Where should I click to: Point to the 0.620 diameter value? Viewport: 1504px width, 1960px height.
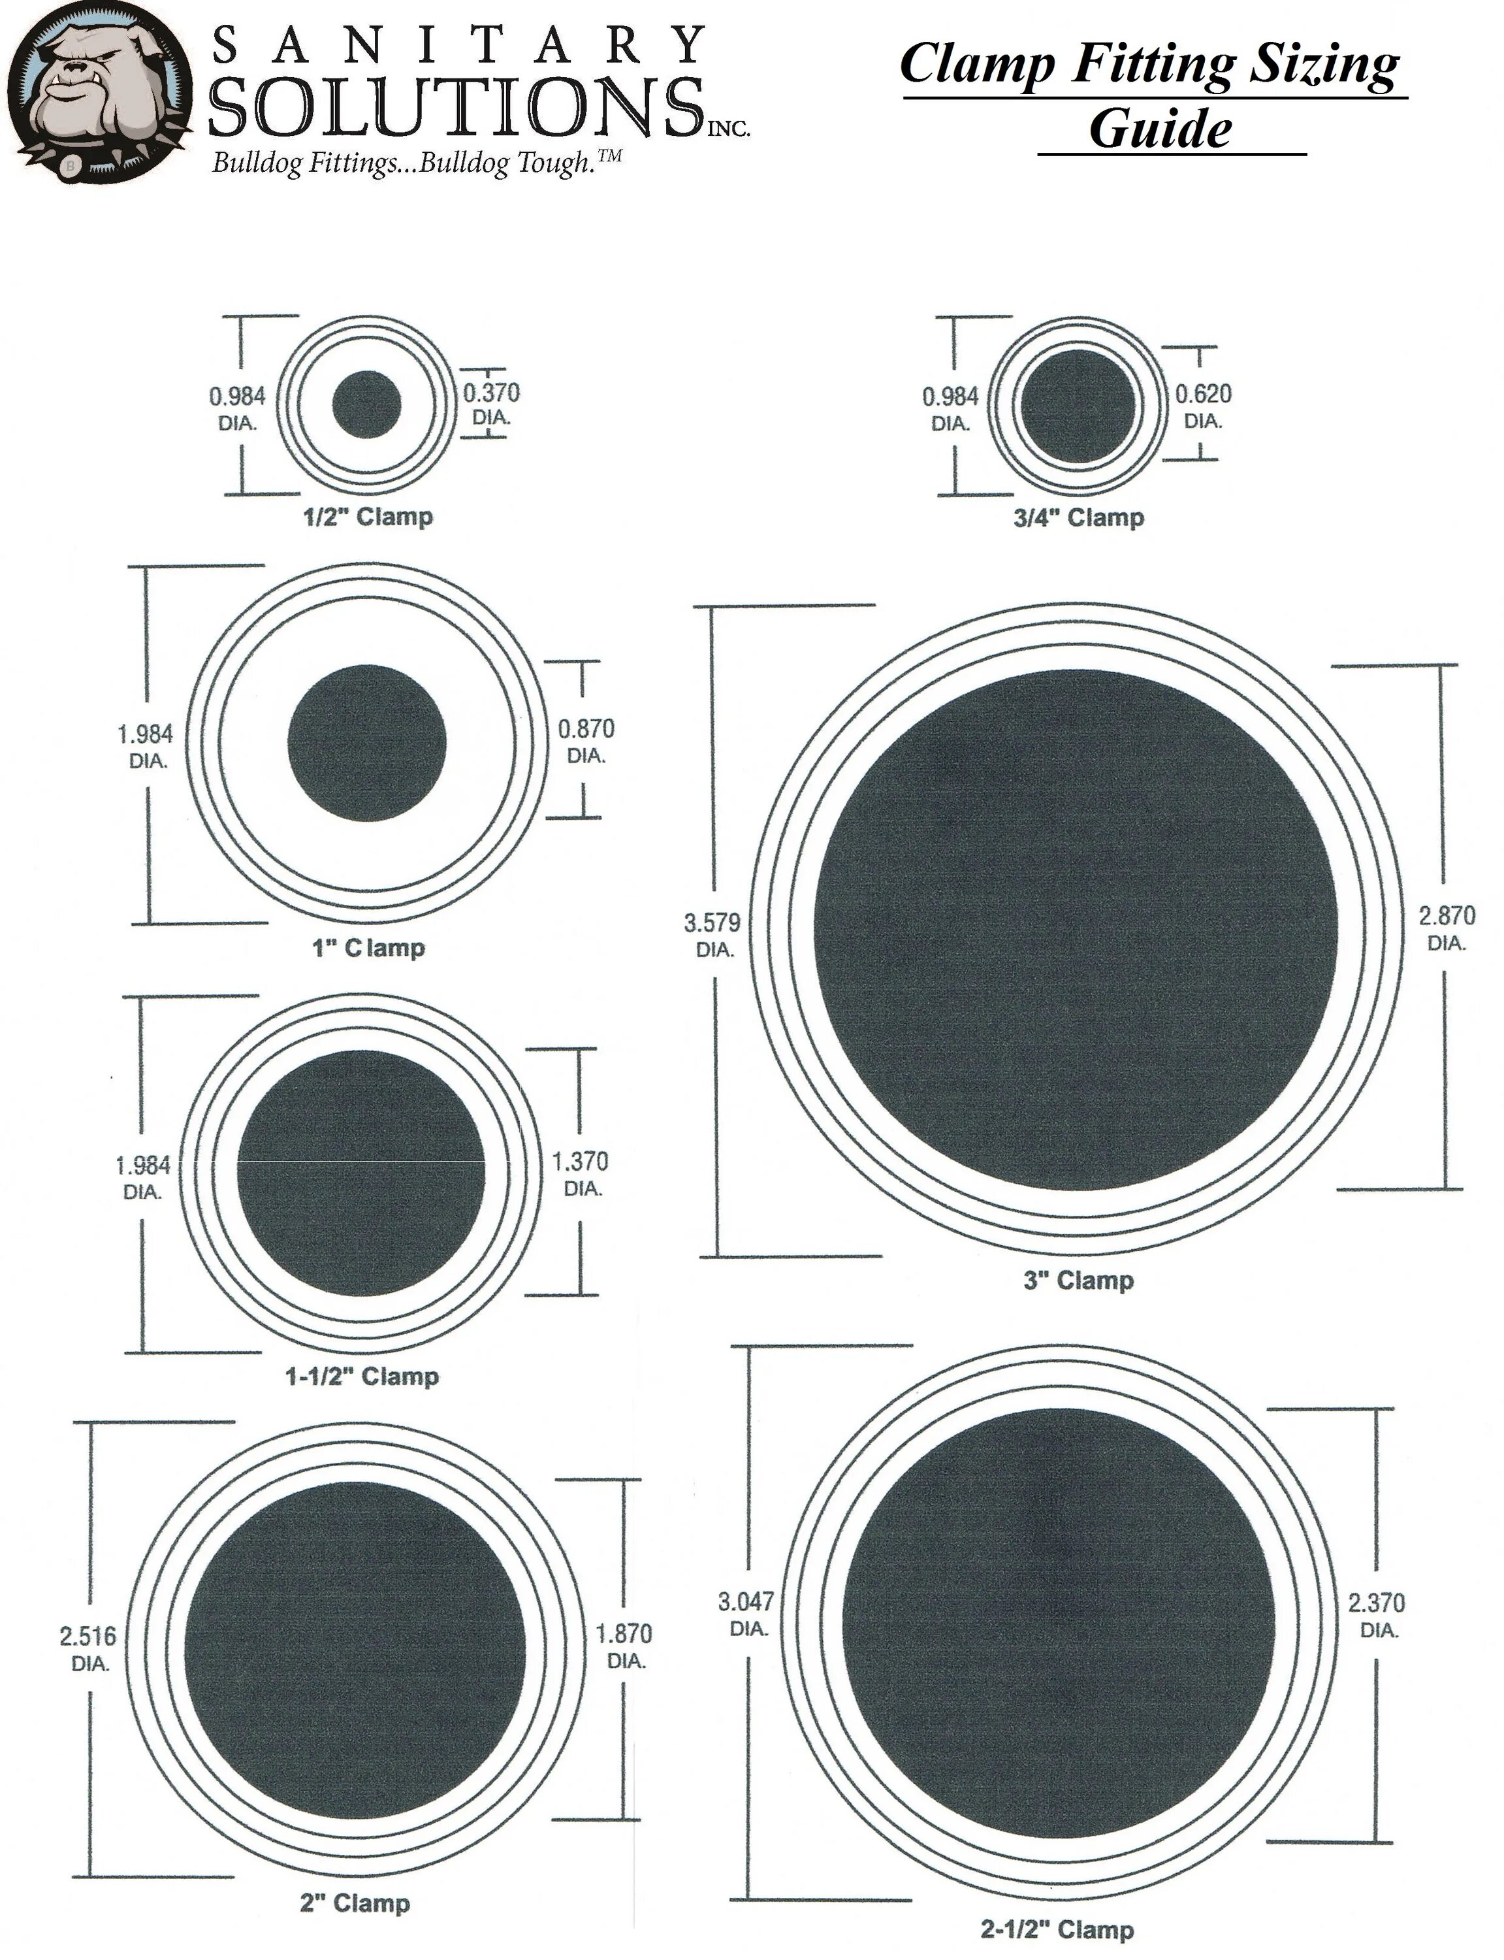tap(1203, 394)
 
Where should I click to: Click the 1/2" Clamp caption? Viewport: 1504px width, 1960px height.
tap(367, 517)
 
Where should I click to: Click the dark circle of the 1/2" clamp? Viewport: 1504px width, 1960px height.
tap(366, 404)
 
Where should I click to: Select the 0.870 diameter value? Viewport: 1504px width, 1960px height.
tap(586, 729)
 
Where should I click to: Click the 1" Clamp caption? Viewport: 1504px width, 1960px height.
tap(368, 947)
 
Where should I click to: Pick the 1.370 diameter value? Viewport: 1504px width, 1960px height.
tap(580, 1162)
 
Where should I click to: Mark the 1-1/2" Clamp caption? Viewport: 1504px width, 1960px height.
tap(362, 1376)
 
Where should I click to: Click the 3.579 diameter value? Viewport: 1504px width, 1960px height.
tap(712, 923)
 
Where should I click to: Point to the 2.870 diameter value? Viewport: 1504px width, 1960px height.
tap(1447, 916)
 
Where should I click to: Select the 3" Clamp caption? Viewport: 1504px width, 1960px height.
tap(1079, 1281)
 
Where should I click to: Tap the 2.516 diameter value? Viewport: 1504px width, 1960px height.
tap(88, 1637)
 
